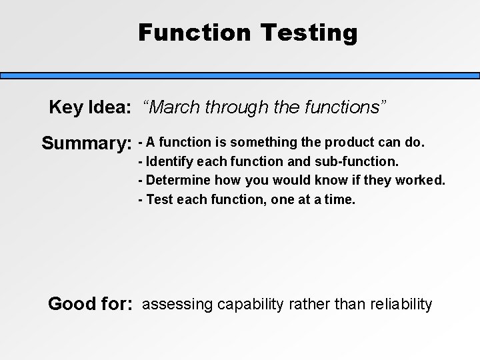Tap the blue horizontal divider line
point(240,76)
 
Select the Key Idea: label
point(90,107)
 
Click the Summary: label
point(86,143)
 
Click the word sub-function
point(363,161)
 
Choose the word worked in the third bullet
point(423,180)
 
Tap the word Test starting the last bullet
point(158,199)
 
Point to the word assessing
point(175,305)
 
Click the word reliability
point(398,305)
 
